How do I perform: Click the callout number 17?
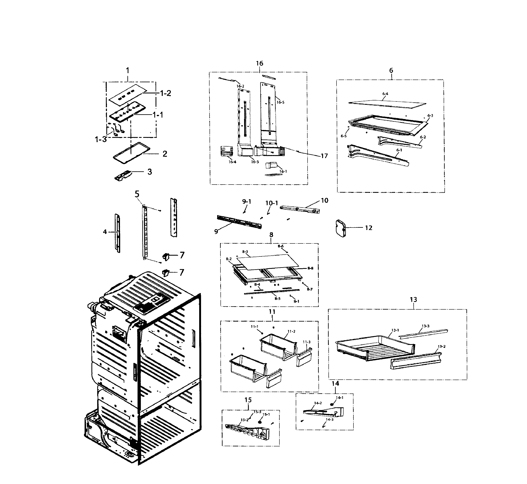(324, 156)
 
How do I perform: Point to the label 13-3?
(425, 326)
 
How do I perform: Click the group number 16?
(259, 63)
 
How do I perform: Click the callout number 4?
(105, 232)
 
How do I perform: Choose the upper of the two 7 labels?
(182, 255)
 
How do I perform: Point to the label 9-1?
(246, 202)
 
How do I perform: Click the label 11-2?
(291, 331)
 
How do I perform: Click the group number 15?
(248, 400)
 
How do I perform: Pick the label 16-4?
(232, 162)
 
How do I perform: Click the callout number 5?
(137, 194)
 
